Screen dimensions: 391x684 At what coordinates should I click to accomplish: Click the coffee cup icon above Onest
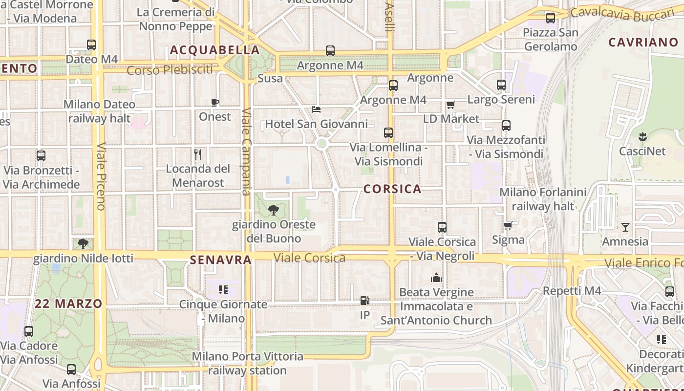(215, 102)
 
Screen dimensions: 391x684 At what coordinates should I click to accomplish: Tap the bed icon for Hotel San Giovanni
(316, 109)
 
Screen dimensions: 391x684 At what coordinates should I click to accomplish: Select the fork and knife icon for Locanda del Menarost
(198, 154)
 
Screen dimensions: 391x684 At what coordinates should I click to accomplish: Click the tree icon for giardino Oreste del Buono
(274, 210)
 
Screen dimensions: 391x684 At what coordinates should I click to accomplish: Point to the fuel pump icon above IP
(364, 301)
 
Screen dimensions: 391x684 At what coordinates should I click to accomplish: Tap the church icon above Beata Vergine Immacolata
(436, 278)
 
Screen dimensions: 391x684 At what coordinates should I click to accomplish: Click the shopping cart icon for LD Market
(451, 105)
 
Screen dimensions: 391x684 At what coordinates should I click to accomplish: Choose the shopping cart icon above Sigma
(508, 225)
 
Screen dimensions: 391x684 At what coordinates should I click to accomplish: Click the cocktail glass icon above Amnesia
(625, 227)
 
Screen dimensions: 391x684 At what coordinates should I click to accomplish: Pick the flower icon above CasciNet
(642, 137)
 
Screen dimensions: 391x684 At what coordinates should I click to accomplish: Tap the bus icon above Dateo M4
(91, 45)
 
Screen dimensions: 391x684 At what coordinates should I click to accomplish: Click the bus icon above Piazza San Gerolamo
(551, 18)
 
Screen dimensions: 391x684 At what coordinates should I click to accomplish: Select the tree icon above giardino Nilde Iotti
(83, 243)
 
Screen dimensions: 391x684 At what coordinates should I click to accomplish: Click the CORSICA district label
(392, 189)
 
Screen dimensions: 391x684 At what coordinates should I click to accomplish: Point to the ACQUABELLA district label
(214, 50)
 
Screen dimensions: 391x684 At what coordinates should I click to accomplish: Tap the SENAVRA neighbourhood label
(221, 260)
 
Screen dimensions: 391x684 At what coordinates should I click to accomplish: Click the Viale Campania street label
(246, 152)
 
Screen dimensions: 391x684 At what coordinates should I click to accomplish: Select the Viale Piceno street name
(101, 176)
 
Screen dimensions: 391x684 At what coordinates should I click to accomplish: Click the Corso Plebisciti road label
(170, 70)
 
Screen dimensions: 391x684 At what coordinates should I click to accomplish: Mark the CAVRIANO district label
(643, 42)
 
